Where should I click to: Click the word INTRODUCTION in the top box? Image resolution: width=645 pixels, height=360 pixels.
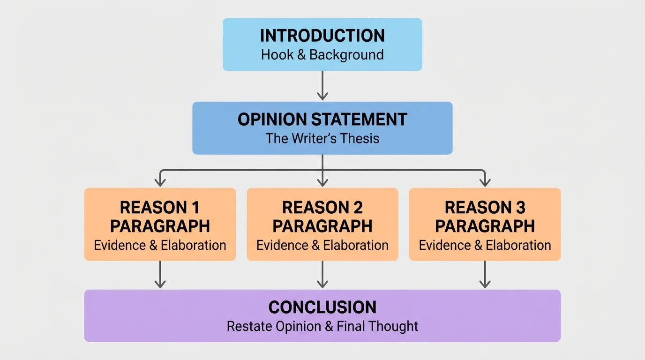[322, 36]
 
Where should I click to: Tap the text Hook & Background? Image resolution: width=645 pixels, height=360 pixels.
[322, 54]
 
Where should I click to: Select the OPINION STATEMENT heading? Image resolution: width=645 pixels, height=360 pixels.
[322, 119]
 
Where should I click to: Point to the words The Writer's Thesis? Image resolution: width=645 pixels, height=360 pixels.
[322, 138]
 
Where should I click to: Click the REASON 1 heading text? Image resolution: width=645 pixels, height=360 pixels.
[160, 207]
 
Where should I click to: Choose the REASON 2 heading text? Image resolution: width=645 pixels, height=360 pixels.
[322, 207]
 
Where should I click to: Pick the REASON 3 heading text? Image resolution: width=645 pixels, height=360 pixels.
[485, 207]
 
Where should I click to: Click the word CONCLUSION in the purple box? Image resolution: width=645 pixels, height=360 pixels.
[322, 307]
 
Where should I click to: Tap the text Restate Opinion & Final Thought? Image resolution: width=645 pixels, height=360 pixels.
[322, 326]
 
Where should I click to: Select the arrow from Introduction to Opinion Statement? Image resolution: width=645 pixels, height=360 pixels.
[322, 85]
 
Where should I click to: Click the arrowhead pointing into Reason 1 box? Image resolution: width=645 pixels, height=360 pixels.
[160, 182]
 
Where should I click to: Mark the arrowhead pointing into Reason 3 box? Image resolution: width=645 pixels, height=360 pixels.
[485, 182]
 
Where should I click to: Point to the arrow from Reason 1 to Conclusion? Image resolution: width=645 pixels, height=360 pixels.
[160, 274]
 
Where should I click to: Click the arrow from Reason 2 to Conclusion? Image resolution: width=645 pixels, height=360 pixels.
[322, 274]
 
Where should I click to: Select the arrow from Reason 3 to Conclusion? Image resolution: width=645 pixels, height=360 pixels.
[485, 274]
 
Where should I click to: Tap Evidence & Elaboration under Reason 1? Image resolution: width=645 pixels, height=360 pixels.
[160, 245]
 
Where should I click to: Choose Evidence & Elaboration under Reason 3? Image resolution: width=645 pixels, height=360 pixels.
[485, 245]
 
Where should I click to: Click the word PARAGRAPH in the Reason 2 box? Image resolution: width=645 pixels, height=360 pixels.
[322, 226]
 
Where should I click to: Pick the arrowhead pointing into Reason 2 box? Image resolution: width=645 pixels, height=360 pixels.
[322, 182]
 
